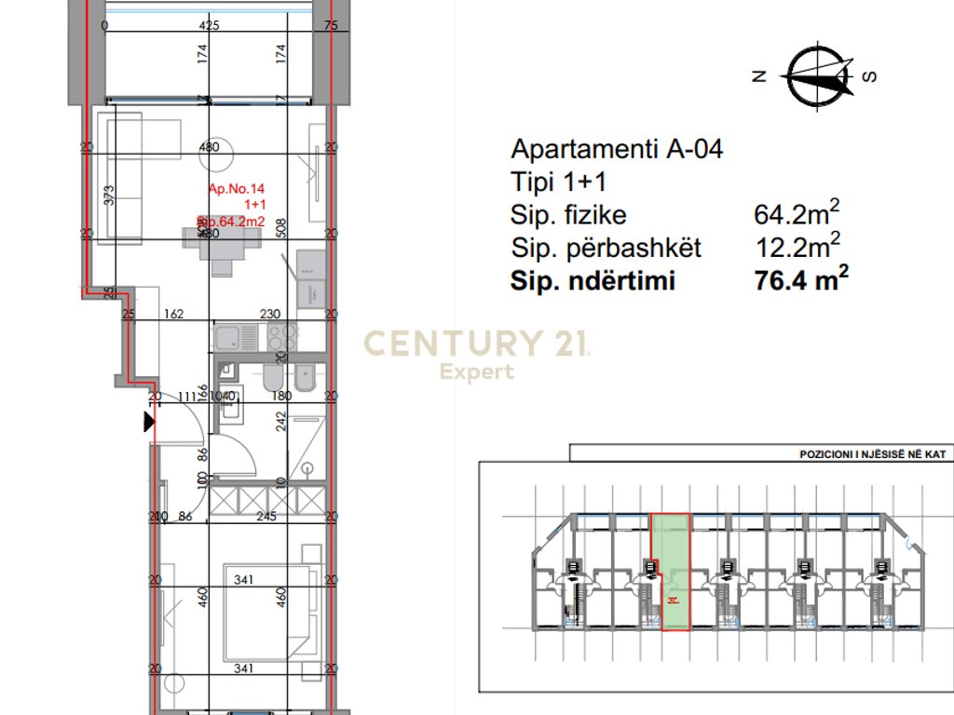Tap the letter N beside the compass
[x=759, y=77]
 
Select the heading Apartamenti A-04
[x=617, y=149]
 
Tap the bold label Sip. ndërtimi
[x=592, y=281]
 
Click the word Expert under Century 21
[x=476, y=372]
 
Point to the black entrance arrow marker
[x=148, y=424]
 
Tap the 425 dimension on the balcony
[x=209, y=26]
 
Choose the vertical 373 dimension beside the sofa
[x=108, y=195]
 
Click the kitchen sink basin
[x=229, y=336]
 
